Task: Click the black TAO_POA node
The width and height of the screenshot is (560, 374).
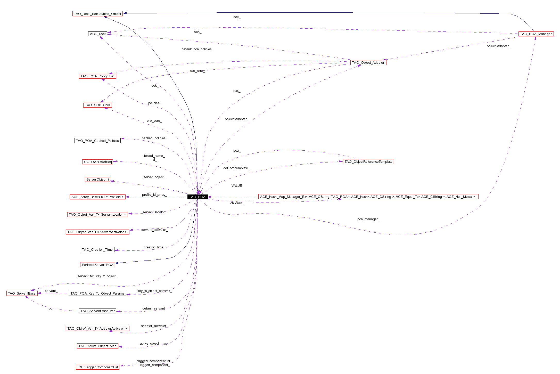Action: pos(197,197)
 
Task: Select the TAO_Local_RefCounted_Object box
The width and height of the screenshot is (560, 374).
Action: pos(97,14)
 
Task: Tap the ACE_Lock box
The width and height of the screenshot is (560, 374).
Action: pos(98,34)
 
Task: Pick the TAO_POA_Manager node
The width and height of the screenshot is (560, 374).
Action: pos(536,34)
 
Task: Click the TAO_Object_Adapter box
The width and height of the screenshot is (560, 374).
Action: pos(368,62)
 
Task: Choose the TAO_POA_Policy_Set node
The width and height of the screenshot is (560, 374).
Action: pos(97,76)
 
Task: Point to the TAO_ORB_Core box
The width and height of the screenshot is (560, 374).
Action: pos(97,105)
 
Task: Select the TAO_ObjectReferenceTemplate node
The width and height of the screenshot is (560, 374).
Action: pos(368,161)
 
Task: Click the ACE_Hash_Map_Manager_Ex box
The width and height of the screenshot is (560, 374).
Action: pos(368,197)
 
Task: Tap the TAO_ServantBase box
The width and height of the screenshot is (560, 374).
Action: pos(22,293)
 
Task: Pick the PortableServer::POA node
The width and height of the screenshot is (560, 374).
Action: pos(97,265)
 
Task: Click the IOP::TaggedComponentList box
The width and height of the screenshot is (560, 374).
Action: pos(97,367)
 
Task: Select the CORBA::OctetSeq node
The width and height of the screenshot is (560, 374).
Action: pos(98,162)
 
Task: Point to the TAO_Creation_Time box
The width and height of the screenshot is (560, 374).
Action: pos(97,249)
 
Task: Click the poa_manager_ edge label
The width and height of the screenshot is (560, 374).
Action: pos(368,219)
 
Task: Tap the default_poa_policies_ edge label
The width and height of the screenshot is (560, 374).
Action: pos(197,49)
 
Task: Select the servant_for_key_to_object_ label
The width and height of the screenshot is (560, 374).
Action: pos(97,276)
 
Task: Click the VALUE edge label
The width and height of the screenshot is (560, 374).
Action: pos(236,186)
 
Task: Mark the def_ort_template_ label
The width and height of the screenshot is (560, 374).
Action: pos(236,168)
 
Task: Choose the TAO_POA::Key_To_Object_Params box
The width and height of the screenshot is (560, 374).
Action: pos(97,293)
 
